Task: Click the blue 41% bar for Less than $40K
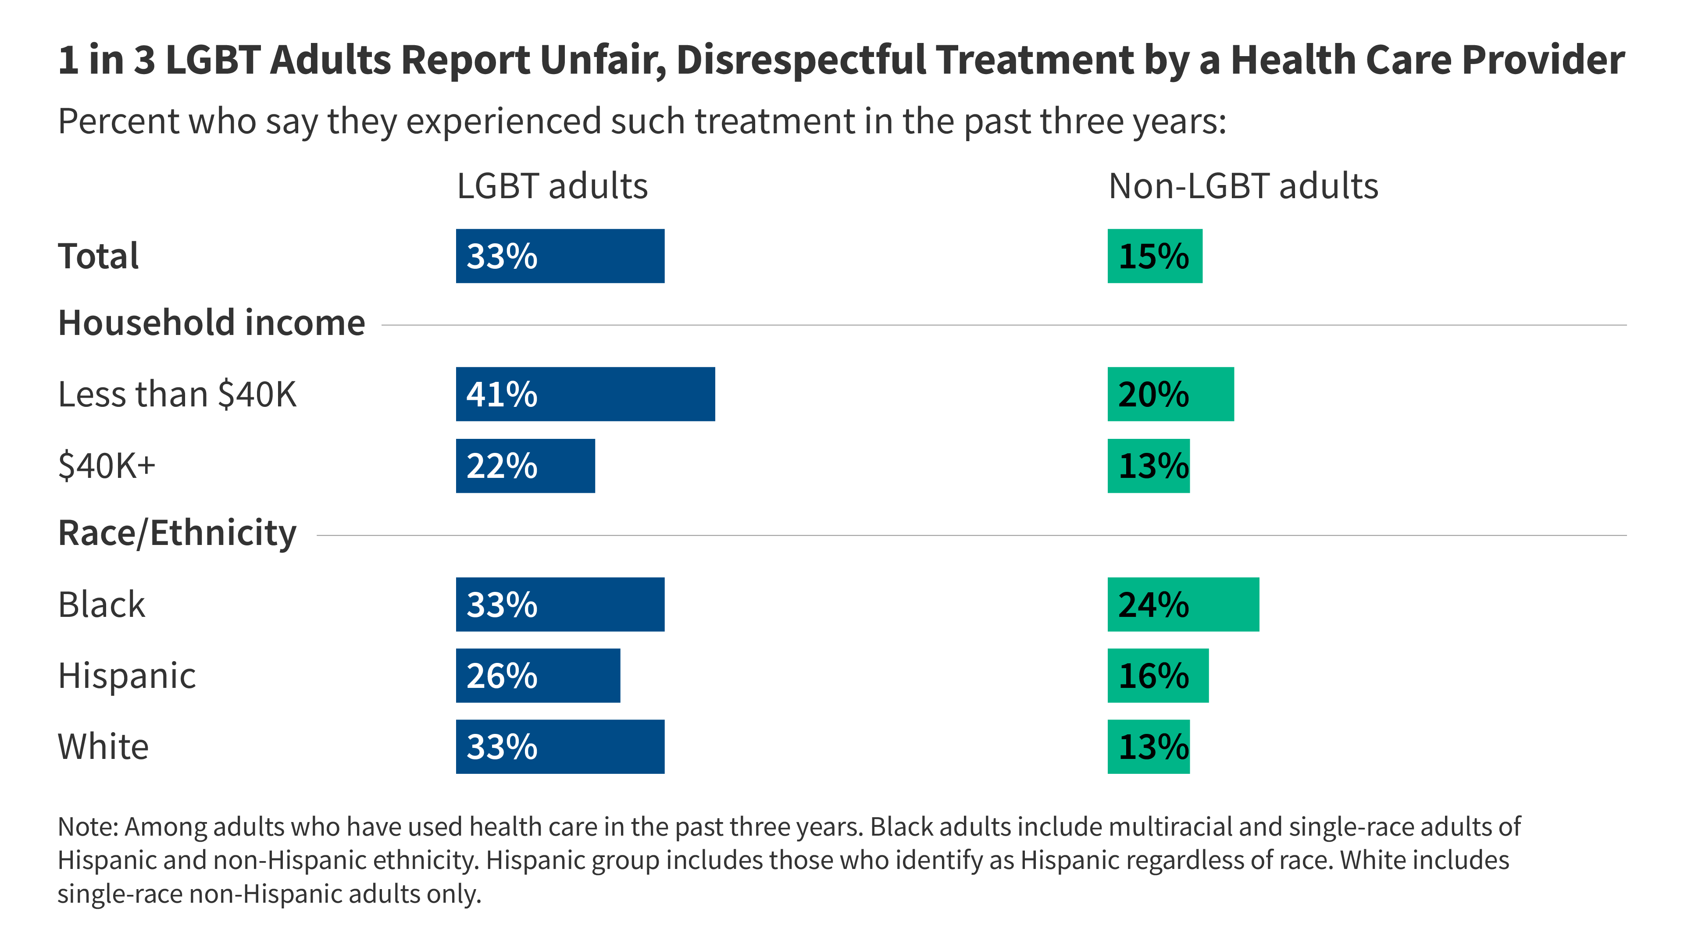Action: click(585, 394)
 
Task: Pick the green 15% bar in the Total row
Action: click(1155, 256)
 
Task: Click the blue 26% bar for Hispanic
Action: click(537, 675)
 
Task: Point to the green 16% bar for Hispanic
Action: click(1158, 675)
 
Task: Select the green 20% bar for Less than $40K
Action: click(1170, 394)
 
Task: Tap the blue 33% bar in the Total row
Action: click(560, 256)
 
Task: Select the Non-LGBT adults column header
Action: click(1243, 186)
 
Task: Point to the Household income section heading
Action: click(211, 323)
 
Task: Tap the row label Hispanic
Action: click(127, 675)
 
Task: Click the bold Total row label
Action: click(98, 256)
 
